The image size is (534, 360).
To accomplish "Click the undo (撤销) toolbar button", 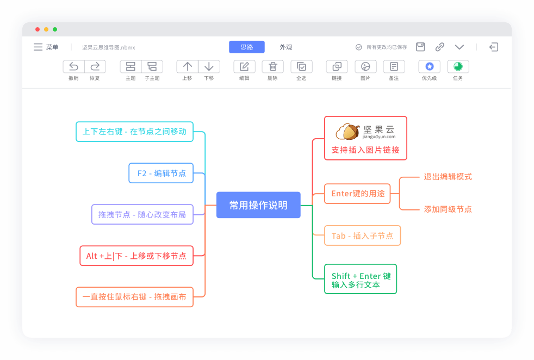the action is pos(74,66).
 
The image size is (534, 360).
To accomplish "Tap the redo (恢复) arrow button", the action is pos(95,66).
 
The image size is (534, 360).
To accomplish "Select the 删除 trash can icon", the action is pos(273,66).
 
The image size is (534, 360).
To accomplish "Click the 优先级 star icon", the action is pos(430,66).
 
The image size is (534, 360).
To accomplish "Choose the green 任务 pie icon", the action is pos(458,66).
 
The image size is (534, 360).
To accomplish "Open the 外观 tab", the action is pos(285,47).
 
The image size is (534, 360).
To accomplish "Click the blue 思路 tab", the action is pos(247,47).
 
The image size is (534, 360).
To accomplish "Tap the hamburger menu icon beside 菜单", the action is pos(38,47).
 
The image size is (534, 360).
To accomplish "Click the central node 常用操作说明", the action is pos(258,205).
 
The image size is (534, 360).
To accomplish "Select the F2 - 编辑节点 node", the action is pos(161,173).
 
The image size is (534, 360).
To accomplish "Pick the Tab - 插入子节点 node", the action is pos(362,235).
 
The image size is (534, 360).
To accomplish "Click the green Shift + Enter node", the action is pos(361,279).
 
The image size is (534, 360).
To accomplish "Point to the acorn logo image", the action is pos(347,132).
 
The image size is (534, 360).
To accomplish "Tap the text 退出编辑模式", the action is pos(448,177).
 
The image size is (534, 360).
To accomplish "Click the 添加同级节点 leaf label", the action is pos(448,209).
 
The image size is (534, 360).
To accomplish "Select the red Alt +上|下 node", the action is pos(136,256).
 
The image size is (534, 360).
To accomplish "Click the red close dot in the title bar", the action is pos(38,29).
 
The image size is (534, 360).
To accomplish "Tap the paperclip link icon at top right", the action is pos(440,47).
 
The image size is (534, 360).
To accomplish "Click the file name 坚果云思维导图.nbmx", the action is pos(109,48).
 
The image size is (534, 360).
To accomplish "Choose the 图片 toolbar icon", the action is pos(365,66).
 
